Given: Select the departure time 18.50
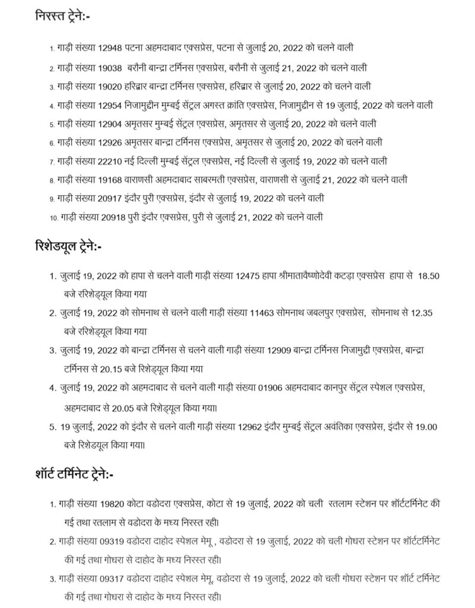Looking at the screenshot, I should click(428, 277).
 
